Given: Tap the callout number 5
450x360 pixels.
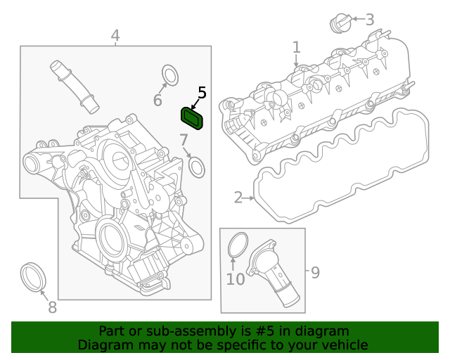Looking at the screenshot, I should tap(202, 93).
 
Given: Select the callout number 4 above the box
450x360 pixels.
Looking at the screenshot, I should tap(115, 35).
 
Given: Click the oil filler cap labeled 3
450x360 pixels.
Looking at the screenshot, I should tap(340, 22).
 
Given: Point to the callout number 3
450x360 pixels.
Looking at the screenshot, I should tap(369, 20).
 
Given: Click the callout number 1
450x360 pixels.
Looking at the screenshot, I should tap(296, 47).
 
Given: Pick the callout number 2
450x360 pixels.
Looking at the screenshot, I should tap(238, 198).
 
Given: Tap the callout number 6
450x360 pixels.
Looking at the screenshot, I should tap(157, 101).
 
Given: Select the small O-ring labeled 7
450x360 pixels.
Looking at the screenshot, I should tap(198, 167).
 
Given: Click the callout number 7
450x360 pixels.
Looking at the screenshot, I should tap(183, 139).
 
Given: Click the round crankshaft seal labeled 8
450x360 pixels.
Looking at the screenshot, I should tap(34, 276).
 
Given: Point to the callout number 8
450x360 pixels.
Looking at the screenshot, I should tap(52, 307).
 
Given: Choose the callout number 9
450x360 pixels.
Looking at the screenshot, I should tap(315, 271).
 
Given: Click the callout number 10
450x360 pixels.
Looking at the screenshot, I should tap(235, 279).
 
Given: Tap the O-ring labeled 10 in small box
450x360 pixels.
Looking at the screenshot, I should tap(238, 245).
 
